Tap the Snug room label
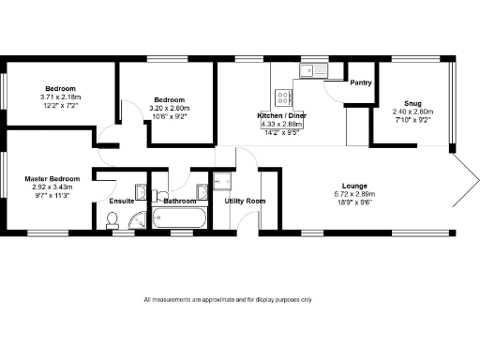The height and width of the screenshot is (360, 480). [x=412, y=103]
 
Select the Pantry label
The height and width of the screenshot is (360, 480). [x=360, y=82]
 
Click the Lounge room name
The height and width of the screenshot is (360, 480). [x=354, y=186]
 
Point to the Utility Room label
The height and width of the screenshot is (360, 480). [x=245, y=201]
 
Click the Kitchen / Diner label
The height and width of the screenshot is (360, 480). [x=280, y=115]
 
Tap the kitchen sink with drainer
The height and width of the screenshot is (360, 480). [x=310, y=70]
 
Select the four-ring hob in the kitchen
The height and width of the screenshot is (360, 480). [x=284, y=97]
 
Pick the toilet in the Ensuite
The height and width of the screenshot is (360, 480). [x=112, y=221]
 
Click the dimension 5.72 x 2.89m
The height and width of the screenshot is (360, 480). [x=354, y=194]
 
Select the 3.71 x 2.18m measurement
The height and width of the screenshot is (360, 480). [x=60, y=97]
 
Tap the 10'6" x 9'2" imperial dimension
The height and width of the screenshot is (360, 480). [x=170, y=116]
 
